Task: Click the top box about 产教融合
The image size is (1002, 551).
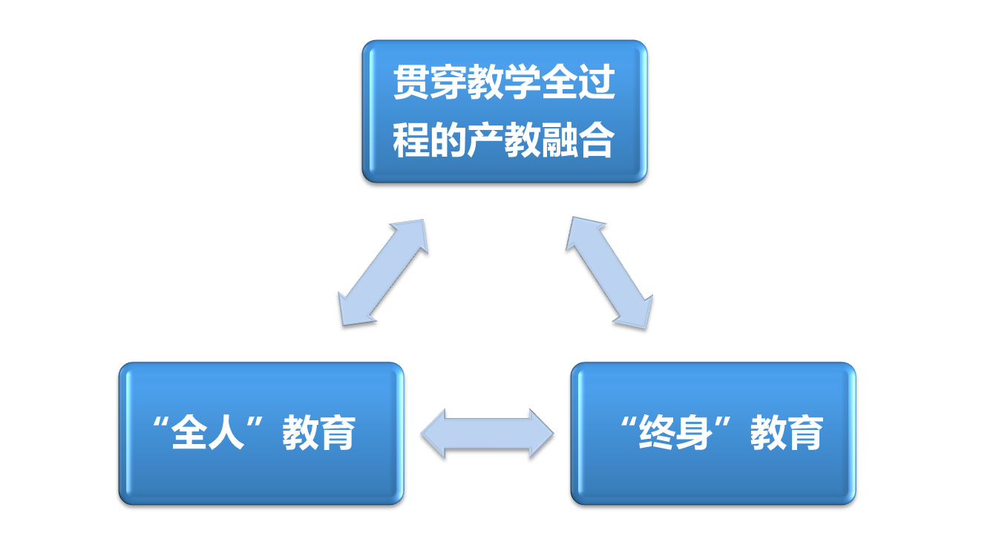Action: click(x=504, y=111)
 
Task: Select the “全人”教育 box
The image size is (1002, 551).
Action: click(x=261, y=433)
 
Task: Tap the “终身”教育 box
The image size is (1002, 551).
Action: click(x=713, y=433)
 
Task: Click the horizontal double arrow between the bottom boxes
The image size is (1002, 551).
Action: click(x=487, y=433)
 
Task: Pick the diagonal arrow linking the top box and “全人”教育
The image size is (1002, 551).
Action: click(x=383, y=272)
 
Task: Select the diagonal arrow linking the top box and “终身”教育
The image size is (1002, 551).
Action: click(x=609, y=272)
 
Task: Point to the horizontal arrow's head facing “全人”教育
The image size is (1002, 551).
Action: click(x=434, y=433)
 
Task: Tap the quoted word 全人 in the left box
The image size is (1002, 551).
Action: click(x=208, y=433)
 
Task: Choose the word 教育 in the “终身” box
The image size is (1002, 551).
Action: click(x=787, y=433)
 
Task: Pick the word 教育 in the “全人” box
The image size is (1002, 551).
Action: click(x=319, y=433)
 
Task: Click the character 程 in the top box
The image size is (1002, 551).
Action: click(x=411, y=140)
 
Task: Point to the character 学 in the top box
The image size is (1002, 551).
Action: click(x=523, y=83)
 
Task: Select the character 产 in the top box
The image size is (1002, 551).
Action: click(x=485, y=140)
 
